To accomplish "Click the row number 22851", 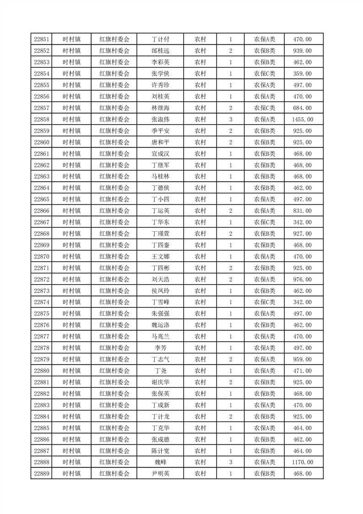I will [x=42, y=39].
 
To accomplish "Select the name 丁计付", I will [x=160, y=39].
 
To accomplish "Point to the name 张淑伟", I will [x=160, y=120].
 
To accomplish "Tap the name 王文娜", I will [x=160, y=257].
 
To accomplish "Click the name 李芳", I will [x=160, y=348].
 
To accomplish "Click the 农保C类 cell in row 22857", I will [x=265, y=108].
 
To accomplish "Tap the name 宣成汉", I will [x=160, y=154].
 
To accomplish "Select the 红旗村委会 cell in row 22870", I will [x=114, y=257].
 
